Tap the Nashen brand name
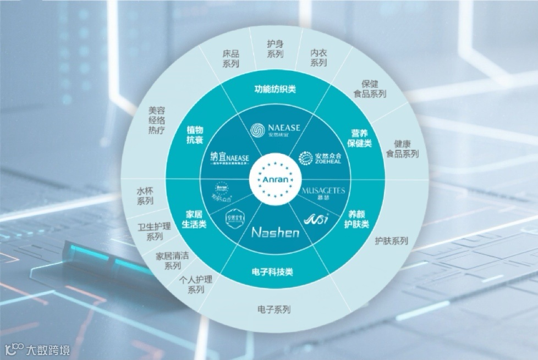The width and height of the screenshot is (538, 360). pos(275,232)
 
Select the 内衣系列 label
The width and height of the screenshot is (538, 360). pos(319,58)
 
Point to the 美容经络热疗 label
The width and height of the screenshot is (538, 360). pos(157,120)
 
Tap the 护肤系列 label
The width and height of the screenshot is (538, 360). pos(391,241)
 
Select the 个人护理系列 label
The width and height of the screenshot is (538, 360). pos(196,285)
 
